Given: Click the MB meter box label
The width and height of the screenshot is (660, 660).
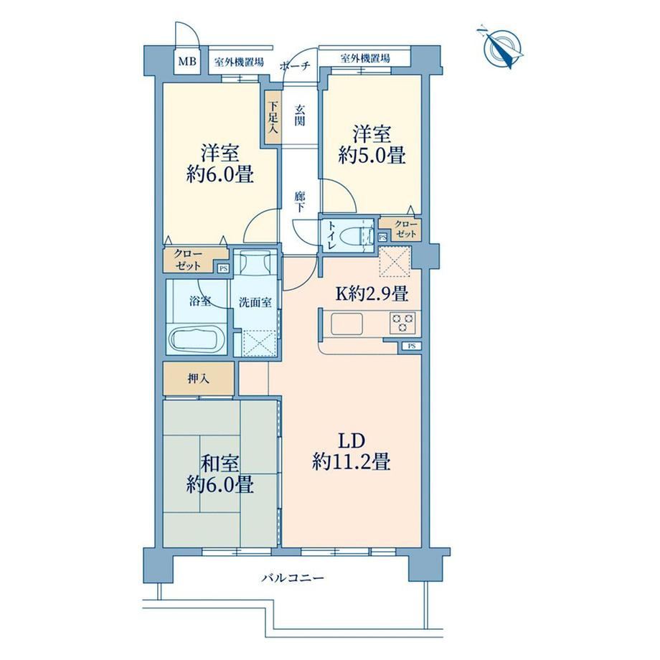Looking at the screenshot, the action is (187, 62).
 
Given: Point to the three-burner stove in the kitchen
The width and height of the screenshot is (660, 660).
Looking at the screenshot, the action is (403, 323).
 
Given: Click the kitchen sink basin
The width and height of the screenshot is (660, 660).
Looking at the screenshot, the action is (346, 324).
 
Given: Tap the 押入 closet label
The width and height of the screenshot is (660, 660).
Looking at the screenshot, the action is (198, 379).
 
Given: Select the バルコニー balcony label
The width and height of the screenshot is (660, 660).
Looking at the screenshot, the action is (293, 577).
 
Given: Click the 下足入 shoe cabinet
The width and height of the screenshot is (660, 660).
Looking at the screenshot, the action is (273, 118).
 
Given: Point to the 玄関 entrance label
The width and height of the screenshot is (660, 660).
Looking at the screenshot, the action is (299, 115).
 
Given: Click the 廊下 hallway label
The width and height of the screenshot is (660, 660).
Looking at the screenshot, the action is (299, 202).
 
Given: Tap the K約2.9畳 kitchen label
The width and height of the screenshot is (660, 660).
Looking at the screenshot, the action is (372, 293).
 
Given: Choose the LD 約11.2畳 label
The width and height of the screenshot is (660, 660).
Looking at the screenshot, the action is (351, 451).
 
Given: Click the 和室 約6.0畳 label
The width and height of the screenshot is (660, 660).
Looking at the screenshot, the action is (220, 474).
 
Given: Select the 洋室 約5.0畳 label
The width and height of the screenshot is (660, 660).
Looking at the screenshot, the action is (372, 145).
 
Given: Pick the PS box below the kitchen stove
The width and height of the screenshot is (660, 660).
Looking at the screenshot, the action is (411, 346).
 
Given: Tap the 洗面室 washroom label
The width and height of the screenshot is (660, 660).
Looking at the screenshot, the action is (255, 302).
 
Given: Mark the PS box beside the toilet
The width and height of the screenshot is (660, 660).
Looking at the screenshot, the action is (382, 237).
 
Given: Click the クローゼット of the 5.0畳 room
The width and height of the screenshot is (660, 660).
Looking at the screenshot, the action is (406, 229).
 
